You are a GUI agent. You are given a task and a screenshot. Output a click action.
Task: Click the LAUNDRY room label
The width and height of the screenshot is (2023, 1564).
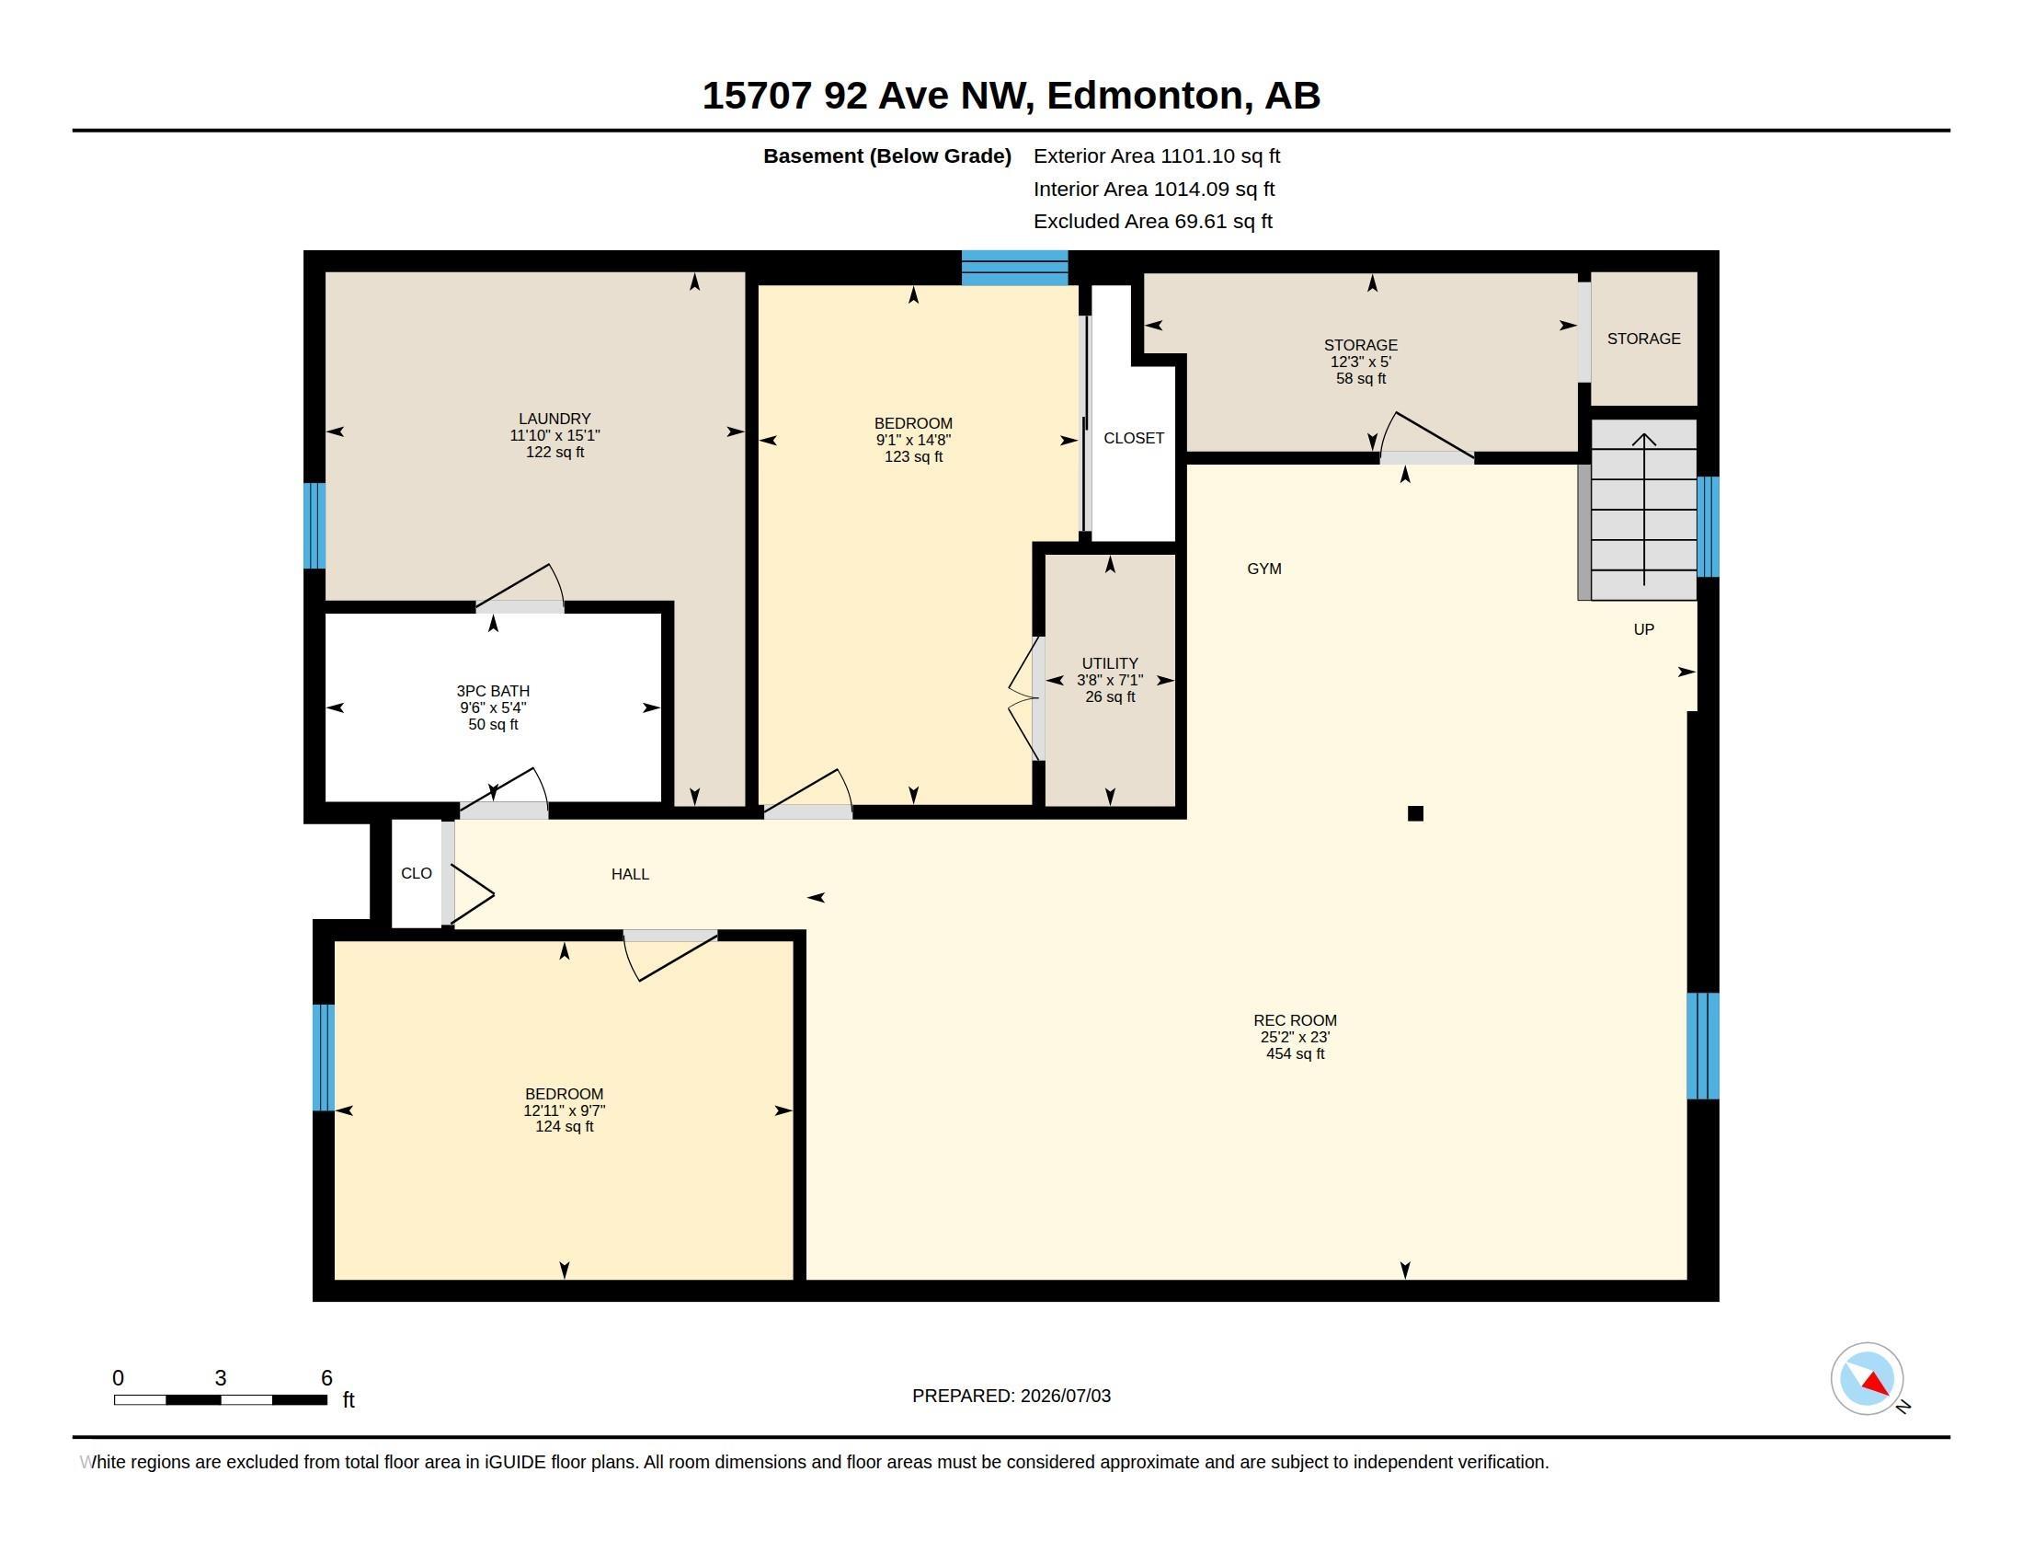554,419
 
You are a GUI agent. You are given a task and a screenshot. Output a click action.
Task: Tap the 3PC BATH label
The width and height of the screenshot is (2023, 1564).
493,691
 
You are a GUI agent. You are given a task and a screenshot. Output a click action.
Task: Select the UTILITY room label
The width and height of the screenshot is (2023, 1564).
1110,663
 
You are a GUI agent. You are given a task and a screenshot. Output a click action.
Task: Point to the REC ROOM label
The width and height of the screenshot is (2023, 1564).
1295,1020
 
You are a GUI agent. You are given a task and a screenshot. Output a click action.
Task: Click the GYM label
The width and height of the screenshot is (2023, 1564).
1264,569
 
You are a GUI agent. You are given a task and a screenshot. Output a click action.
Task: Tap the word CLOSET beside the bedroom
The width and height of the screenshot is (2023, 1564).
1134,438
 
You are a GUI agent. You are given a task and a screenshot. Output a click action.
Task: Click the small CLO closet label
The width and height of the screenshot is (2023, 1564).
417,873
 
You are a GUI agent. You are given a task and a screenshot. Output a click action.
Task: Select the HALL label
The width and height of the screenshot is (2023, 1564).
630,874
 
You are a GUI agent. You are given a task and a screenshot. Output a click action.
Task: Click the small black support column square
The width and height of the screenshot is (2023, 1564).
1415,813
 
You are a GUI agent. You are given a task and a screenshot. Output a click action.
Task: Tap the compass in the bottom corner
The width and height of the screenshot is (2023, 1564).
1868,1379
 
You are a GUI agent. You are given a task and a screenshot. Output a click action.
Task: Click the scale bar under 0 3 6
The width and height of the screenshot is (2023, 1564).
221,1399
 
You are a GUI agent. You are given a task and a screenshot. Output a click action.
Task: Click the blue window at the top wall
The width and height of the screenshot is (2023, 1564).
1014,268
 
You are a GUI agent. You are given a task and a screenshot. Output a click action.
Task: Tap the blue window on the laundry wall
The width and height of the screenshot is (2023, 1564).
314,525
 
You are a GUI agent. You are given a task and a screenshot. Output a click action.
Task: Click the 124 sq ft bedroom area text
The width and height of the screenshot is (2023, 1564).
564,1127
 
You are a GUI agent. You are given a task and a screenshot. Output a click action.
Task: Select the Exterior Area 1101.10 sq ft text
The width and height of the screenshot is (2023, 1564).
1157,155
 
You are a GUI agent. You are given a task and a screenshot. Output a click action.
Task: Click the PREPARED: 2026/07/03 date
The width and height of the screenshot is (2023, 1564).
1011,1396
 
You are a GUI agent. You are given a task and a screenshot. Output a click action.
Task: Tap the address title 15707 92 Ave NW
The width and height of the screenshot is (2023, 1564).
865,96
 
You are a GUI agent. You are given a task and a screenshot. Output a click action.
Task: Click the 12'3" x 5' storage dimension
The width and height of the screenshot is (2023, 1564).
1361,362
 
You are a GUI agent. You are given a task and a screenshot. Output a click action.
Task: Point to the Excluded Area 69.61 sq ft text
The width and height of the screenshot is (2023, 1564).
1153,221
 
